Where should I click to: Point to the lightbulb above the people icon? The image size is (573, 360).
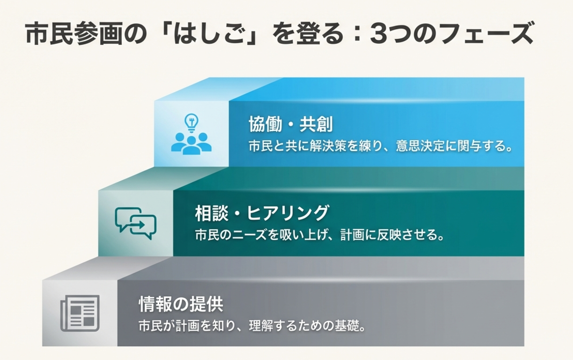[191, 123]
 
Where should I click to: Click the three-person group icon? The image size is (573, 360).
[191, 143]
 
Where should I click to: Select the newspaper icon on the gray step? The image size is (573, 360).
[80, 313]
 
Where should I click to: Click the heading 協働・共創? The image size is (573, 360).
[291, 124]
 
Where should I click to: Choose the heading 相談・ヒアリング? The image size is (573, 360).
[261, 213]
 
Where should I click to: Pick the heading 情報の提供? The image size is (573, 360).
[181, 304]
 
